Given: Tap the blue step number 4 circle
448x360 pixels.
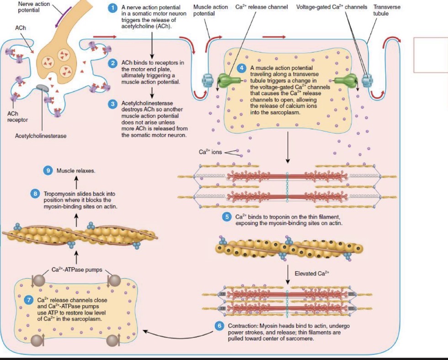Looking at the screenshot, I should pos(243,68).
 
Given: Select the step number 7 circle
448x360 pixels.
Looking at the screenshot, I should pos(29,301).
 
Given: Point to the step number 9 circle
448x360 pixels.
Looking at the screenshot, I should pos(48,170).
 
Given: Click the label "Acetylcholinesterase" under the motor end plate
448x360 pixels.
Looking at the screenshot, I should pos(40,136).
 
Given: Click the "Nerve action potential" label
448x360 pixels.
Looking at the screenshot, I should pos(28,7).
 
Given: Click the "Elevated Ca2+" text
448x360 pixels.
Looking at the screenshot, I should pos(312,274).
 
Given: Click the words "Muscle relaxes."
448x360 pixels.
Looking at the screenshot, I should pos(76,171).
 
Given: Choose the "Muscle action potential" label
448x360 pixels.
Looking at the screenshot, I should pos(210,11).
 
